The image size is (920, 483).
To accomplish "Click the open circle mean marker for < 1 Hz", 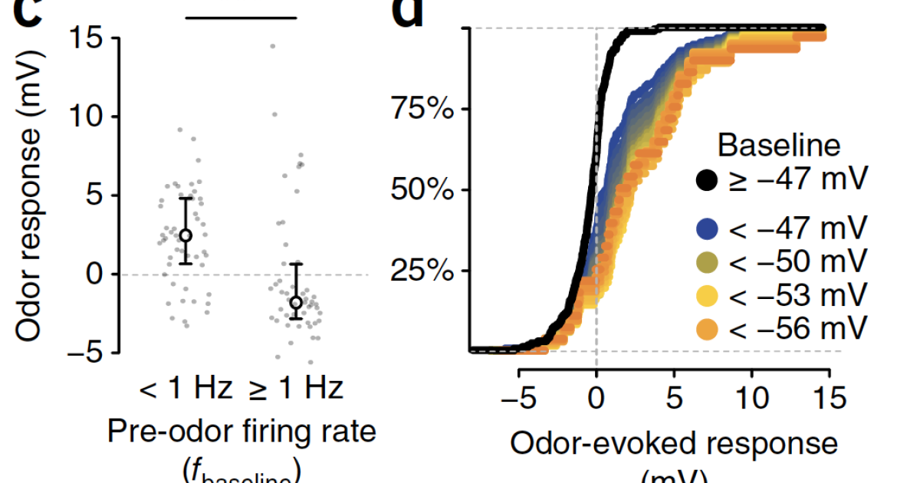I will [x=186, y=235].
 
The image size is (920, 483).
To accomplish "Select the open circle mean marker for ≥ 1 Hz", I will [x=296, y=302].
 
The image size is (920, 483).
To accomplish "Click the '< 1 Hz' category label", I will [x=185, y=389].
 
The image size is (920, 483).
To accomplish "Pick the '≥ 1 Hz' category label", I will [x=295, y=389].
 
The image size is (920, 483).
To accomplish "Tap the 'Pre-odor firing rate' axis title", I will [x=240, y=432].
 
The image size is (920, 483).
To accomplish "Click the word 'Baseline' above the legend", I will [x=779, y=145].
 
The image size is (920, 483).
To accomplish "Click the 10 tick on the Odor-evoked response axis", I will [x=752, y=399].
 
